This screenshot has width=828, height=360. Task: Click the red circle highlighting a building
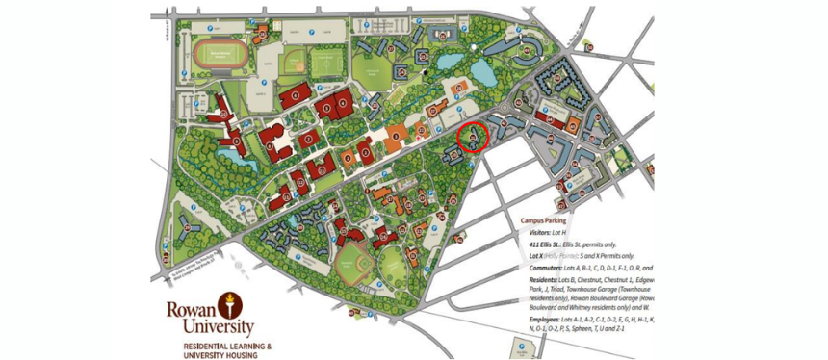(x=473, y=138)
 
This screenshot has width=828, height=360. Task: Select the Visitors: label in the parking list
(x=541, y=233)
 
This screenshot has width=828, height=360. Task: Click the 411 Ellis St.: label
(x=545, y=245)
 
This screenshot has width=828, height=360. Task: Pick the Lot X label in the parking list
(x=537, y=257)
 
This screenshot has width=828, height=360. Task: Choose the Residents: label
(x=544, y=280)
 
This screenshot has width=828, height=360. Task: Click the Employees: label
(x=547, y=319)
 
